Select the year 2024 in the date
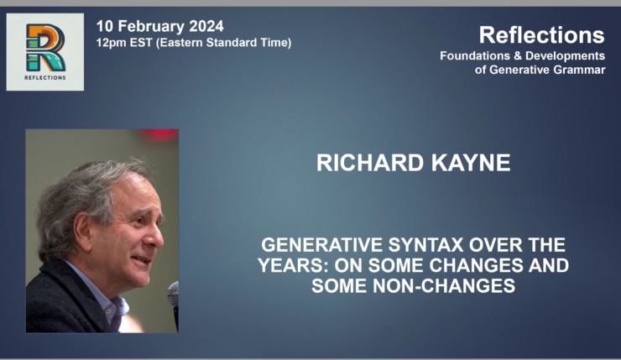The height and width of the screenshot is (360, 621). coord(206,25)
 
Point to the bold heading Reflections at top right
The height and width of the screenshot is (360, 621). coord(541,35)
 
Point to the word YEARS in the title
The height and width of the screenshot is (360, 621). coord(290,267)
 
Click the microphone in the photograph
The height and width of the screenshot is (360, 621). coord(173,295)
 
